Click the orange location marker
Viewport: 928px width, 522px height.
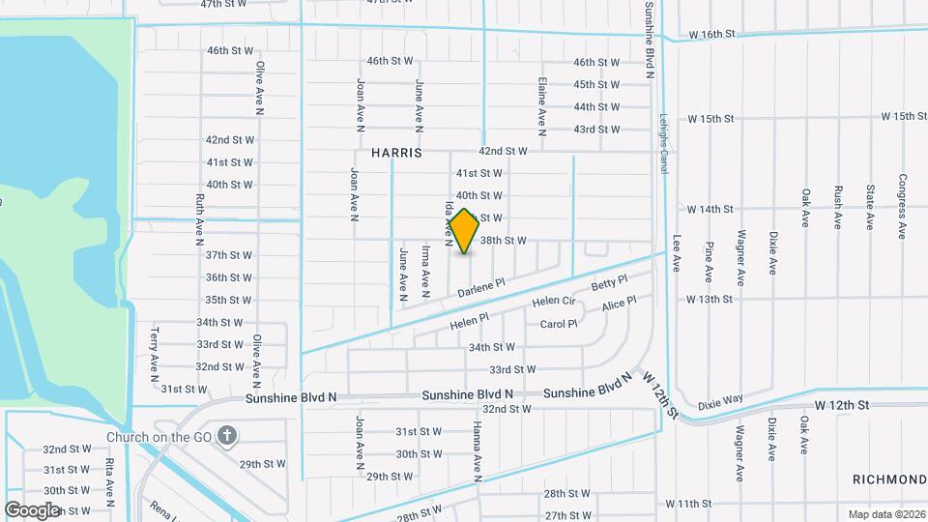(464, 231)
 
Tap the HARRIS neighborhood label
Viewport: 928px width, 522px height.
(396, 153)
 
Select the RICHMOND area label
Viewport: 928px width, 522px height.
(889, 480)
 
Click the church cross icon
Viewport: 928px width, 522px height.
(228, 436)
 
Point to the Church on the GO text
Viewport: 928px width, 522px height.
(159, 437)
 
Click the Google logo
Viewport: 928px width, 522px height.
(32, 509)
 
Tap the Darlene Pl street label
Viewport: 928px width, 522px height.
(481, 288)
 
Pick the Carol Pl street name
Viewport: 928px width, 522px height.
(558, 325)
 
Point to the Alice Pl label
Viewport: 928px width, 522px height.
(619, 304)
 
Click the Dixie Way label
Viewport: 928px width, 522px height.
(720, 399)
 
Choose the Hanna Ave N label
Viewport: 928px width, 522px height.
(477, 451)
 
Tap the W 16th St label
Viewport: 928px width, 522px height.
(712, 34)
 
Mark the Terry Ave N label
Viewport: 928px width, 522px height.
(154, 349)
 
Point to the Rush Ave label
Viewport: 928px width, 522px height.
(837, 206)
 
